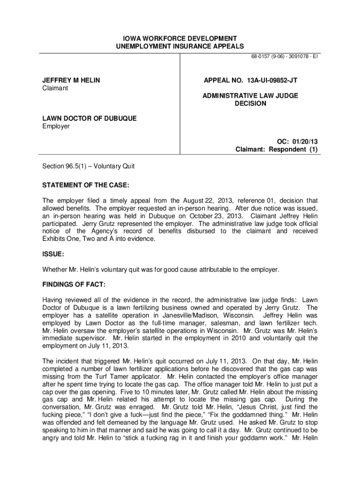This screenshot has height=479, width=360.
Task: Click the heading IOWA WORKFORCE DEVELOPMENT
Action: click(180, 38)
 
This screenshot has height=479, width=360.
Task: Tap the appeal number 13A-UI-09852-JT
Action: click(250, 80)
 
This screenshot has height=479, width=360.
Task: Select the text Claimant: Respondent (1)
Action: click(276, 150)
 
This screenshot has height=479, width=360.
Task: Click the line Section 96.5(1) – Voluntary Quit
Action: click(88, 166)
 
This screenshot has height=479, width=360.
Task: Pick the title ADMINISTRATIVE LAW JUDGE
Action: click(250, 96)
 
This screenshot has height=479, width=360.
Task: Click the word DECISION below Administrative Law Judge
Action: click(250, 103)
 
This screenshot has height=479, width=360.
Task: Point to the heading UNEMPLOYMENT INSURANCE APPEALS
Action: click(180, 46)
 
